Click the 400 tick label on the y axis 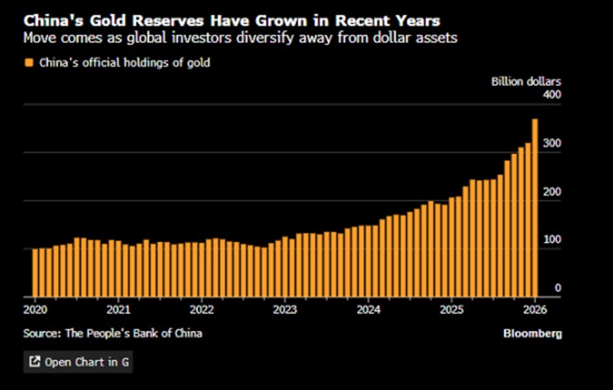pos(552,95)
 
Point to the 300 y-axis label pos(552,143)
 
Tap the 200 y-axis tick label pos(552,192)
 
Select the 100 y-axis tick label pos(552,239)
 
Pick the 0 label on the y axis pos(558,288)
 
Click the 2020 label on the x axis pos(34,309)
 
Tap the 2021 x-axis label pos(118,309)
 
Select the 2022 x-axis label pos(202,309)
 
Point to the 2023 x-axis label pos(285,309)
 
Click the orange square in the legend pos(28,63)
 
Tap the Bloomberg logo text pos(532,333)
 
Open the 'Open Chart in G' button pos(78,362)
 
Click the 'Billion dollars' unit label pos(526,82)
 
